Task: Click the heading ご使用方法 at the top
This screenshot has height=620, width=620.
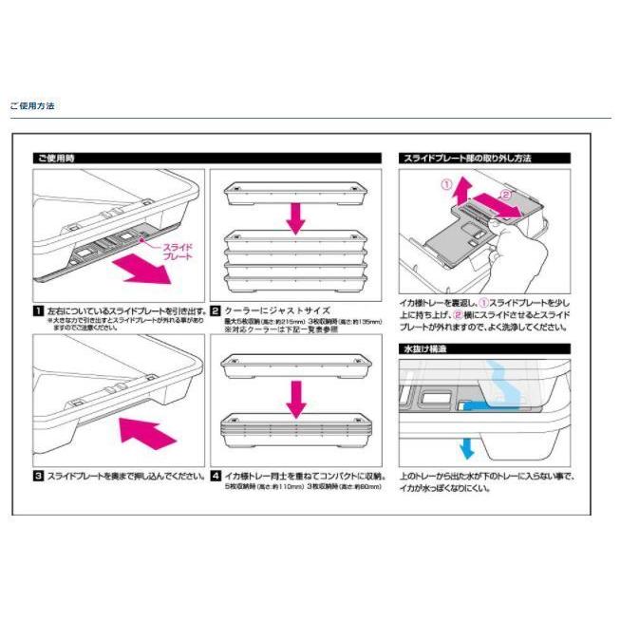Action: (x=32, y=105)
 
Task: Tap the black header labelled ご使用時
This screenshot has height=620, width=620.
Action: (x=56, y=159)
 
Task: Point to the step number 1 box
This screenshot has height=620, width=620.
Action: (x=38, y=310)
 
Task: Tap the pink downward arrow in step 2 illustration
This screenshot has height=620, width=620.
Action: (x=296, y=214)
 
